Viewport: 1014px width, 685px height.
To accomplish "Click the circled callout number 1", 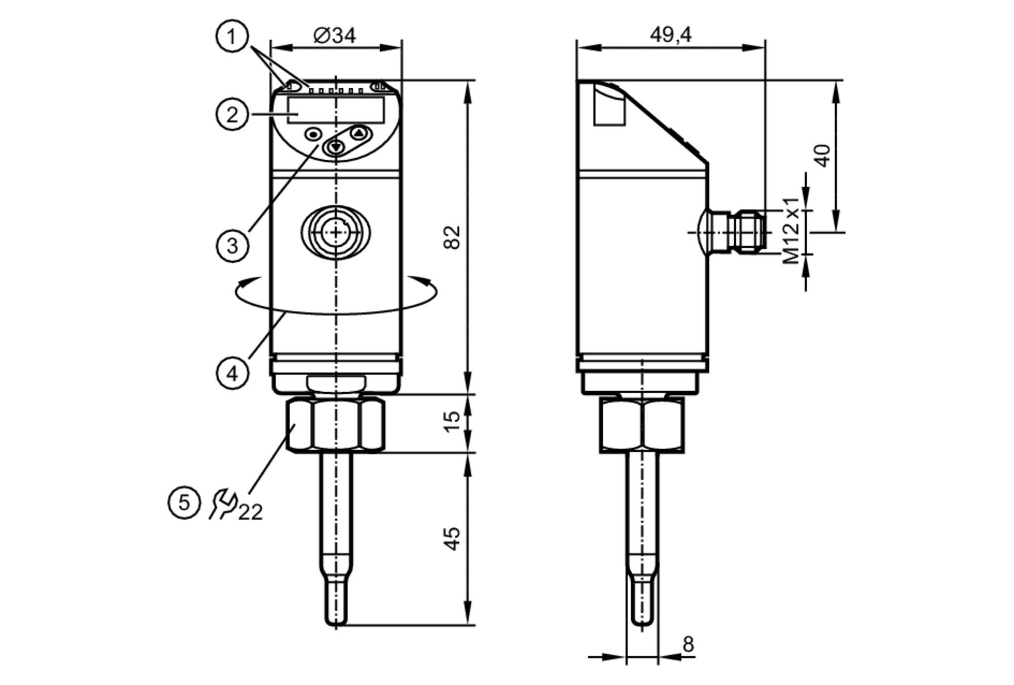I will pyautogui.click(x=232, y=36).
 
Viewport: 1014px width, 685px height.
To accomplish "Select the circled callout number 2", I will pyautogui.click(x=232, y=114).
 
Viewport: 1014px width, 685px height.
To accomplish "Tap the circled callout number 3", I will pyautogui.click(x=232, y=246).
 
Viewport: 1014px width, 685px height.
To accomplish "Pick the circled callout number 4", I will pyautogui.click(x=232, y=374).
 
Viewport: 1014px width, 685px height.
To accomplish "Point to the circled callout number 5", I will pyautogui.click(x=184, y=503).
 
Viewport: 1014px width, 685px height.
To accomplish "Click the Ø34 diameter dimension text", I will pyautogui.click(x=335, y=36).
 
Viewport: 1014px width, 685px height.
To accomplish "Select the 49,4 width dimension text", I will pyautogui.click(x=670, y=35).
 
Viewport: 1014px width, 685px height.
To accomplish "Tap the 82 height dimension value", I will pyautogui.click(x=452, y=237).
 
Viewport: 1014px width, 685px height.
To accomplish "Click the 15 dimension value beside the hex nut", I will pyautogui.click(x=452, y=422).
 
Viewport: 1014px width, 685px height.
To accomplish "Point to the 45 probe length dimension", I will pyautogui.click(x=452, y=538).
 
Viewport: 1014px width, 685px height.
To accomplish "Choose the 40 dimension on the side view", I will pyautogui.click(x=822, y=156).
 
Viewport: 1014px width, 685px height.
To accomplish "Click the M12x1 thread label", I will pyautogui.click(x=791, y=231).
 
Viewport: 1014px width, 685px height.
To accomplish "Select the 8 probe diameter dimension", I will pyautogui.click(x=687, y=644).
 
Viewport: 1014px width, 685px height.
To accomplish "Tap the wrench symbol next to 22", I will pyautogui.click(x=223, y=504).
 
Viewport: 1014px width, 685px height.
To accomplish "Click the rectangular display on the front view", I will pyautogui.click(x=336, y=110).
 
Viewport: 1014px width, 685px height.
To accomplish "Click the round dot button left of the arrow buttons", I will pyautogui.click(x=313, y=134).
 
